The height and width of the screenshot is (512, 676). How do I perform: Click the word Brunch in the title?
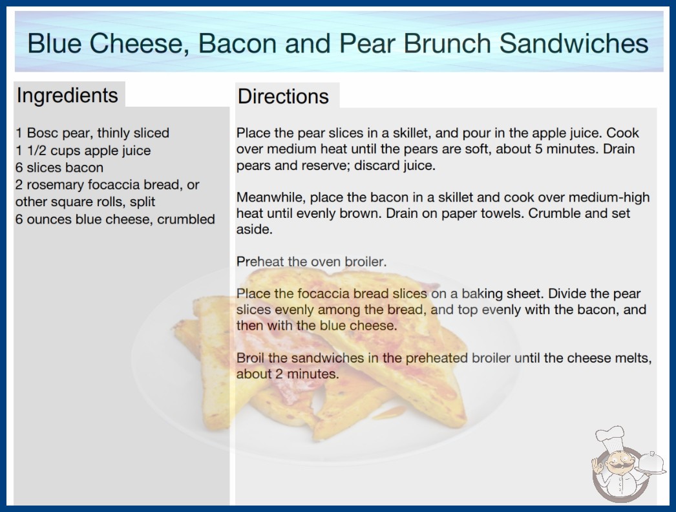(447, 43)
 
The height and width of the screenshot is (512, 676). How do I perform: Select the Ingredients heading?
(67, 96)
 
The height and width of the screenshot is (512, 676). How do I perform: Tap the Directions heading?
(283, 96)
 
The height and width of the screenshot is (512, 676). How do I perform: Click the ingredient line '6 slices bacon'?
(59, 167)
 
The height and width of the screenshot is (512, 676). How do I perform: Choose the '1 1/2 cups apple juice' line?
(83, 151)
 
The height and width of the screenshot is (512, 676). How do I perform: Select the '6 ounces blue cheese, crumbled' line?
(115, 219)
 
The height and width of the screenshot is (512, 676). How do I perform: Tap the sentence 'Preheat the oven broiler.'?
(312, 261)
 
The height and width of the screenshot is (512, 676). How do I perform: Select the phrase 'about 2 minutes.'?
(288, 374)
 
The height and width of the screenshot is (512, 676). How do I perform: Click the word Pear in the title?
(367, 43)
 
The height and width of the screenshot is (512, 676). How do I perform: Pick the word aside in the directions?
(255, 229)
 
